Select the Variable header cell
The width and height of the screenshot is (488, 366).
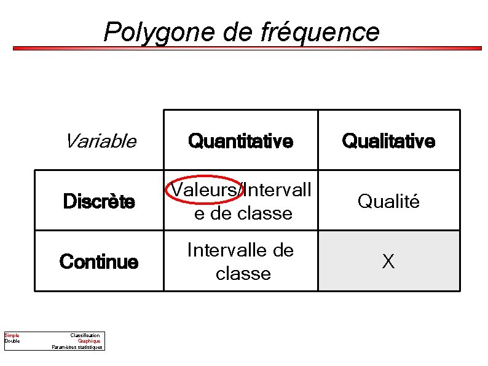click(x=100, y=141)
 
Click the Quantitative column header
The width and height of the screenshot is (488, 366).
click(x=240, y=141)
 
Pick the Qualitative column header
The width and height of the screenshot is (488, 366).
click(x=388, y=141)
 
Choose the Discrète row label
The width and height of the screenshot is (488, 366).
click(x=99, y=202)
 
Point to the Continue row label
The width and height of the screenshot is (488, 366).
click(x=99, y=262)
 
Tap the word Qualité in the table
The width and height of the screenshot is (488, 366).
click(x=388, y=201)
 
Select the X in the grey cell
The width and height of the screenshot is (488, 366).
click(x=388, y=262)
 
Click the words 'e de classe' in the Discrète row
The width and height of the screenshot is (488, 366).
click(x=243, y=213)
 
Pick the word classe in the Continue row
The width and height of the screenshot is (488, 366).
click(x=243, y=273)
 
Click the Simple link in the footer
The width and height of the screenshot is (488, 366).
click(x=12, y=335)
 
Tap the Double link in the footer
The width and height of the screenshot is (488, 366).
click(x=12, y=341)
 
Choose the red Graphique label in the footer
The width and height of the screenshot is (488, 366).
click(x=89, y=341)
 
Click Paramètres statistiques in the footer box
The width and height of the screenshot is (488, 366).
click(x=78, y=347)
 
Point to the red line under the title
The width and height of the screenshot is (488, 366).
click(x=246, y=48)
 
